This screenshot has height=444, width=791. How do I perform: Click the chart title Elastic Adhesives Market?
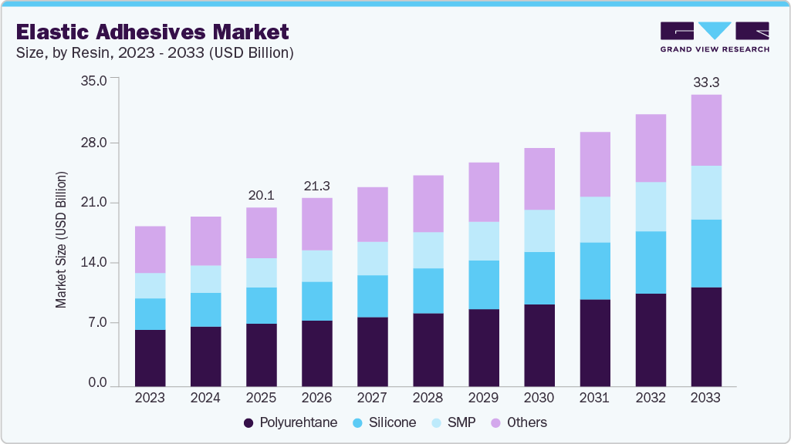pos(153,32)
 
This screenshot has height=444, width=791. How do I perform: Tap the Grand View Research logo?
pos(715,37)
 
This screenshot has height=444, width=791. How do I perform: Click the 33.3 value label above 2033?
pos(706,82)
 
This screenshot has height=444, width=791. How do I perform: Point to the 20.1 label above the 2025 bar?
pos(262,195)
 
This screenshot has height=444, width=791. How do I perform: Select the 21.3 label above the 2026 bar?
pos(317,186)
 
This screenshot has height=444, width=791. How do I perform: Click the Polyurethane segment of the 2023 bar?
pos(150,358)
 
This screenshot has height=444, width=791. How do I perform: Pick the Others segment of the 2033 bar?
pos(706,130)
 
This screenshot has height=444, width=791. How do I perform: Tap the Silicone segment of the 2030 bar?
pos(539,278)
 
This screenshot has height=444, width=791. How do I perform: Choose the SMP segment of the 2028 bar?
pos(428,251)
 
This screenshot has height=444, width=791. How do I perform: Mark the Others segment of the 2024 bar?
pos(206,241)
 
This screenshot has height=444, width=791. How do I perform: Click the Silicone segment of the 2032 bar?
pos(651,263)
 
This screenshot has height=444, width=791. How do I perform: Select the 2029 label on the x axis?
pos(484,399)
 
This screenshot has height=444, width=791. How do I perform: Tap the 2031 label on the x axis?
pos(595,399)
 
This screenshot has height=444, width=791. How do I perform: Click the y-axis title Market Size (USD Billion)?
pos(61,239)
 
